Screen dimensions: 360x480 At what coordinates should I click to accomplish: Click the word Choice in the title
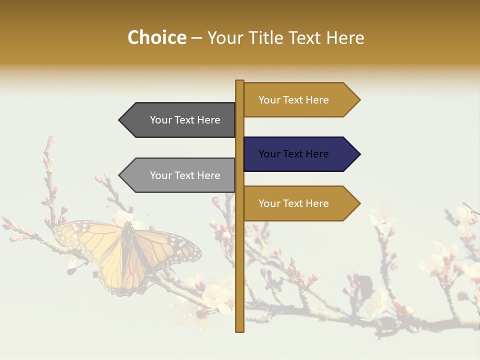157,38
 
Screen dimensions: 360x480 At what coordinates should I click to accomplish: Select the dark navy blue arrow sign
300,154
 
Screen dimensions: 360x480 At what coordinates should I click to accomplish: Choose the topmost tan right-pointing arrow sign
300,100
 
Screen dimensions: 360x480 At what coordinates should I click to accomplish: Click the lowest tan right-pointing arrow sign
300,203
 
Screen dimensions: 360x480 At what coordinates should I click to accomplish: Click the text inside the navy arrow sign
293,154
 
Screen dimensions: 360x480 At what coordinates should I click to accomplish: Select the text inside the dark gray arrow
185,120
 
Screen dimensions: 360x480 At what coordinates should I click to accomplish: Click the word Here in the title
345,38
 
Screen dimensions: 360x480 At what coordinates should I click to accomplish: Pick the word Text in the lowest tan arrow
293,203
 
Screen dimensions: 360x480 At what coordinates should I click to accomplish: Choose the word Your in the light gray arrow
160,175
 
